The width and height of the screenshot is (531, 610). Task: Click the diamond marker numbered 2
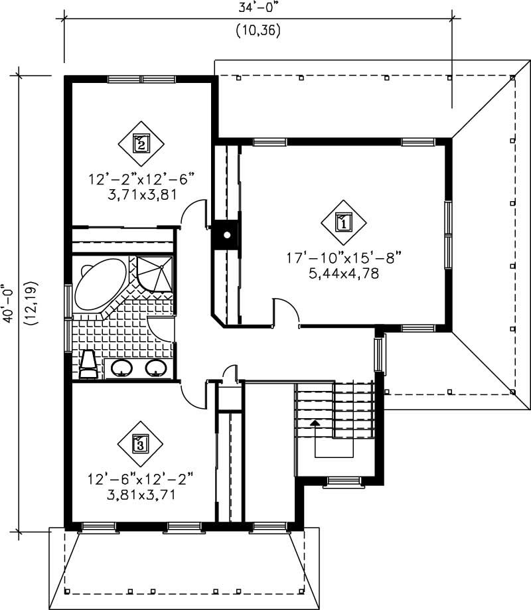point(141,142)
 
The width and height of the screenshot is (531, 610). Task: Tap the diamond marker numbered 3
point(140,443)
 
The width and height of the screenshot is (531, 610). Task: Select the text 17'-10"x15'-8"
point(343,257)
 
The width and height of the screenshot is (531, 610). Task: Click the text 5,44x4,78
point(343,273)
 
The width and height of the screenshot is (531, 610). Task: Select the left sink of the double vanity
point(121,368)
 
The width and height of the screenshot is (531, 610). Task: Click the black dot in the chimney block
point(227,235)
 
